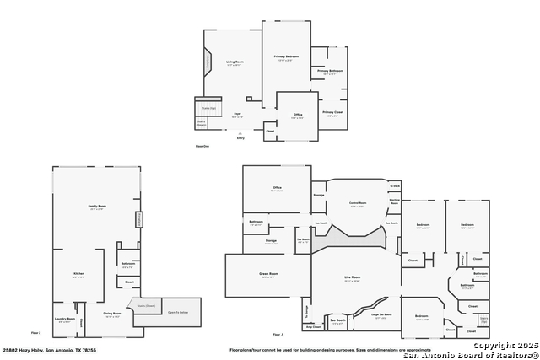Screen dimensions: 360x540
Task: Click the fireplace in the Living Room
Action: pyautogui.click(x=207, y=62)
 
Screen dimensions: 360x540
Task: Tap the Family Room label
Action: pyautogui.click(x=95, y=207)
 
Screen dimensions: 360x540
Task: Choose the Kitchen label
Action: pyautogui.click(x=78, y=274)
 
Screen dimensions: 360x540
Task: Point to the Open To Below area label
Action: pyautogui.click(x=178, y=312)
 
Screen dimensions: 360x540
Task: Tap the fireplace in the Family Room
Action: pyautogui.click(x=139, y=219)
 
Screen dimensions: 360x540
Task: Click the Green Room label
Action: pyautogui.click(x=268, y=274)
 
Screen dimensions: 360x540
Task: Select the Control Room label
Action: pyautogui.click(x=358, y=203)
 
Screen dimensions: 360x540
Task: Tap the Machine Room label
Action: pyautogui.click(x=394, y=201)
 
